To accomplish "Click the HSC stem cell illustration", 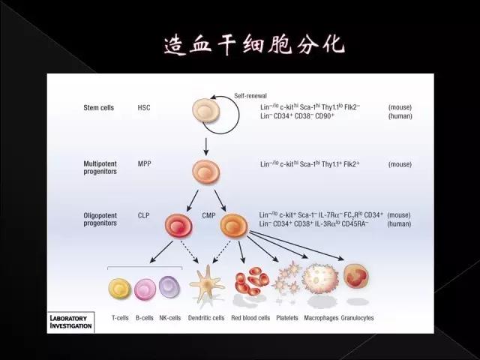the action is click(206, 110).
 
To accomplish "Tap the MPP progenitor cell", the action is click(206, 172).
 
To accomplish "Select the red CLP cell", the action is click(178, 226).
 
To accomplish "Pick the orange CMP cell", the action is click(233, 226).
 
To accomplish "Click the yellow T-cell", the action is click(120, 288).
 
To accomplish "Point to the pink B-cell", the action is click(145, 289).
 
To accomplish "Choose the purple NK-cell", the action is click(169, 286).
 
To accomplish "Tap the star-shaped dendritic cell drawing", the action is click(207, 283).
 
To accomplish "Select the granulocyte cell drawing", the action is click(356, 276).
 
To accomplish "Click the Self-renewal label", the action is click(250, 96).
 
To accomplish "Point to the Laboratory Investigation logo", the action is click(70, 322).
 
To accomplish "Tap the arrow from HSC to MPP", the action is click(206, 146).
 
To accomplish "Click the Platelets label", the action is click(287, 318).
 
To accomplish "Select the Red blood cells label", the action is click(250, 318).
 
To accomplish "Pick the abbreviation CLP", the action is click(143, 215).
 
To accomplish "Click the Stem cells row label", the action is click(98, 108).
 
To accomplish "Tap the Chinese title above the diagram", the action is click(255, 45).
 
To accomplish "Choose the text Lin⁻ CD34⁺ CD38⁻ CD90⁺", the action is click(297, 116).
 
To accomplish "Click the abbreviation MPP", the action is click(145, 163).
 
